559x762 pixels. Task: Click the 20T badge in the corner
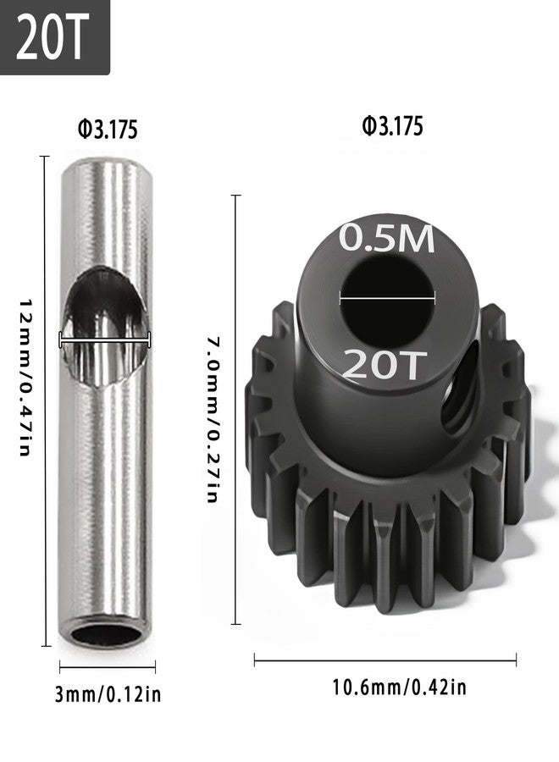[x=54, y=37]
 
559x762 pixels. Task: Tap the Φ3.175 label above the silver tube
[x=108, y=130]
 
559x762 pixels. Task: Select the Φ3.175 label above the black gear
[x=393, y=126]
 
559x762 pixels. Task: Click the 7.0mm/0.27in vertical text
[x=213, y=418]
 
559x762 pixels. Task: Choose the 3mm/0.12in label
[x=108, y=694]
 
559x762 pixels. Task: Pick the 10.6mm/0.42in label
[x=399, y=687]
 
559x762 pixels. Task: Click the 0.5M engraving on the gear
[x=386, y=238]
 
